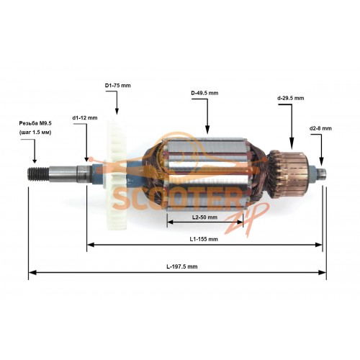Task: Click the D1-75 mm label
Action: coord(117,86)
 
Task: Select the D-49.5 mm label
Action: coord(204,93)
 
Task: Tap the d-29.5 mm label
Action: coord(291,98)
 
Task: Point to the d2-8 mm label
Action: coord(320,128)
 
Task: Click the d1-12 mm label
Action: coord(85,118)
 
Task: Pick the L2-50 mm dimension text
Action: coord(204,217)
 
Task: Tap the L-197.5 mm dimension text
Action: coord(182,266)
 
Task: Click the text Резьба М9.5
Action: coord(35,123)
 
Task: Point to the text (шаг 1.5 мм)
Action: coord(35,132)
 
